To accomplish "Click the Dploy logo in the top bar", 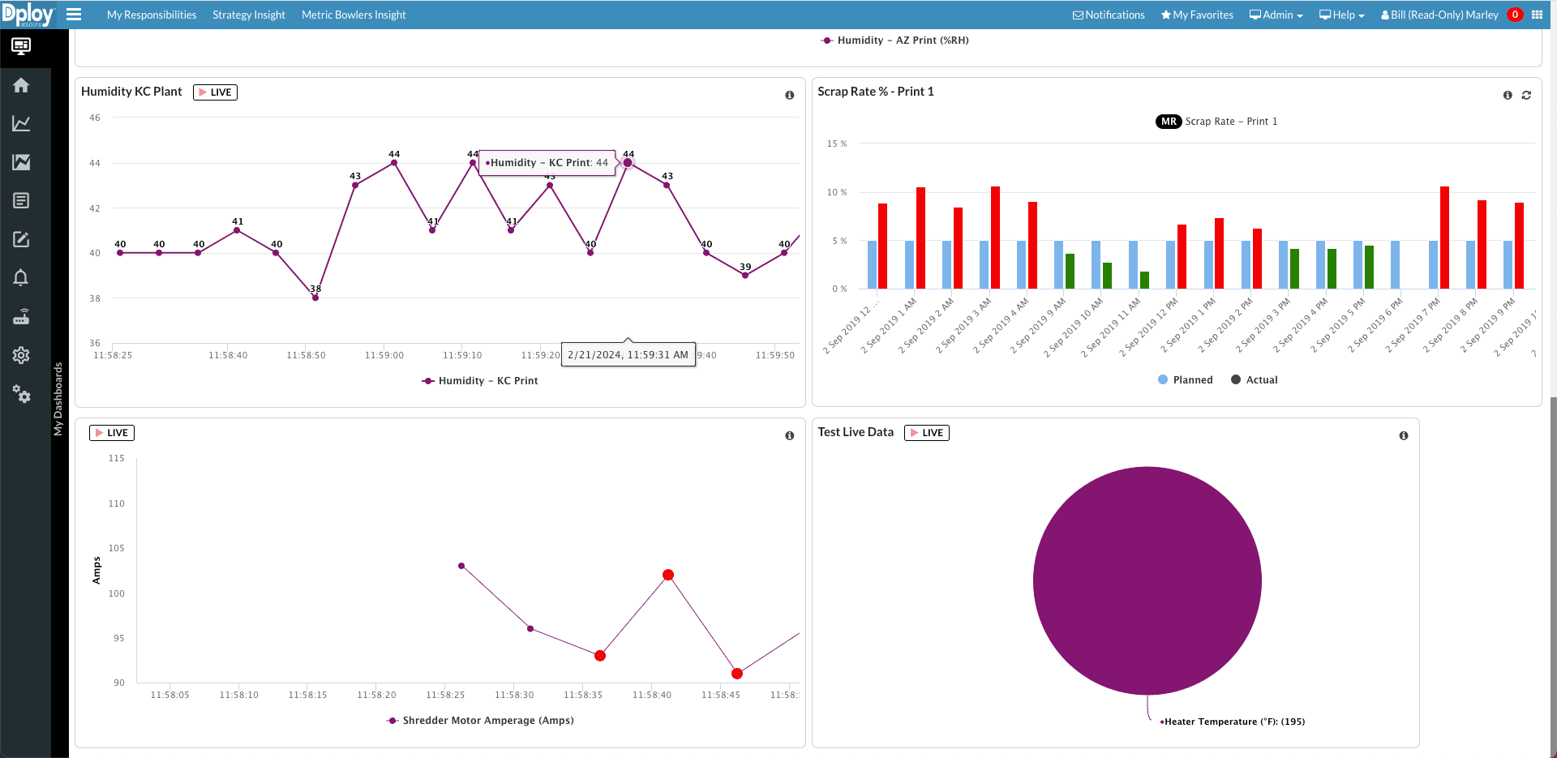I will [28, 15].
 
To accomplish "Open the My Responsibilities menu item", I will [152, 15].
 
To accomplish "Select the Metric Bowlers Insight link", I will [354, 15].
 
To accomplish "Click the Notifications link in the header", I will [1109, 15].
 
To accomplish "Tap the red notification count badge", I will [1514, 15].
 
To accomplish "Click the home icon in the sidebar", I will [21, 85].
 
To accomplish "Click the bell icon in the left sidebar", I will [21, 278].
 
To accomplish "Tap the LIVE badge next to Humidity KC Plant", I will [215, 92].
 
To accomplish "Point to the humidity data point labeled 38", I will [315, 298].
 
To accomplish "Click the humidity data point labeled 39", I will [745, 275].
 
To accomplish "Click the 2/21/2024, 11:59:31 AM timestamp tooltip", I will [628, 354].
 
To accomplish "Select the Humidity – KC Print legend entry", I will [480, 381].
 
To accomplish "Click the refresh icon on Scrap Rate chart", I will [1526, 96].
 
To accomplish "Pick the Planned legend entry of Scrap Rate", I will [1186, 380].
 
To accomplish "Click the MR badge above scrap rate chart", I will [1168, 122].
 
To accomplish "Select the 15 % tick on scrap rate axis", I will [836, 143].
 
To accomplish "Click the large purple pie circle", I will [1147, 580].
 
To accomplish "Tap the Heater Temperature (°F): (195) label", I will [1234, 722].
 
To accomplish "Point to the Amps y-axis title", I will [97, 570].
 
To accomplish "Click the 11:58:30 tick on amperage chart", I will [514, 695].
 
